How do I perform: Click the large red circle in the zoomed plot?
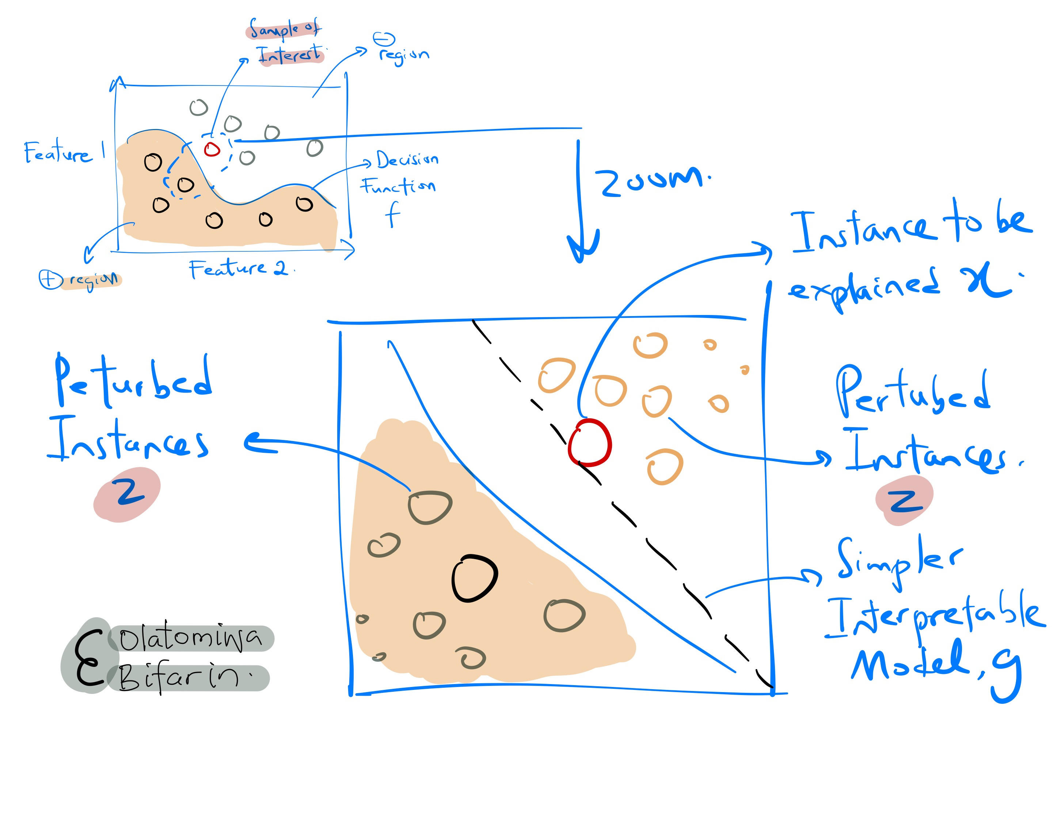coord(589,443)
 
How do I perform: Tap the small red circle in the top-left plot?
coord(212,149)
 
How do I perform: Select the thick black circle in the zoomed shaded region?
coord(474,578)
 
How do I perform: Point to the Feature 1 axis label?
coord(63,152)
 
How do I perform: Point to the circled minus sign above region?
coord(384,39)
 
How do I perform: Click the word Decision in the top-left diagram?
coord(407,159)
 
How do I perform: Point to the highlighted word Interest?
coord(290,54)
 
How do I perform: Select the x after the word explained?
coord(986,282)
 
